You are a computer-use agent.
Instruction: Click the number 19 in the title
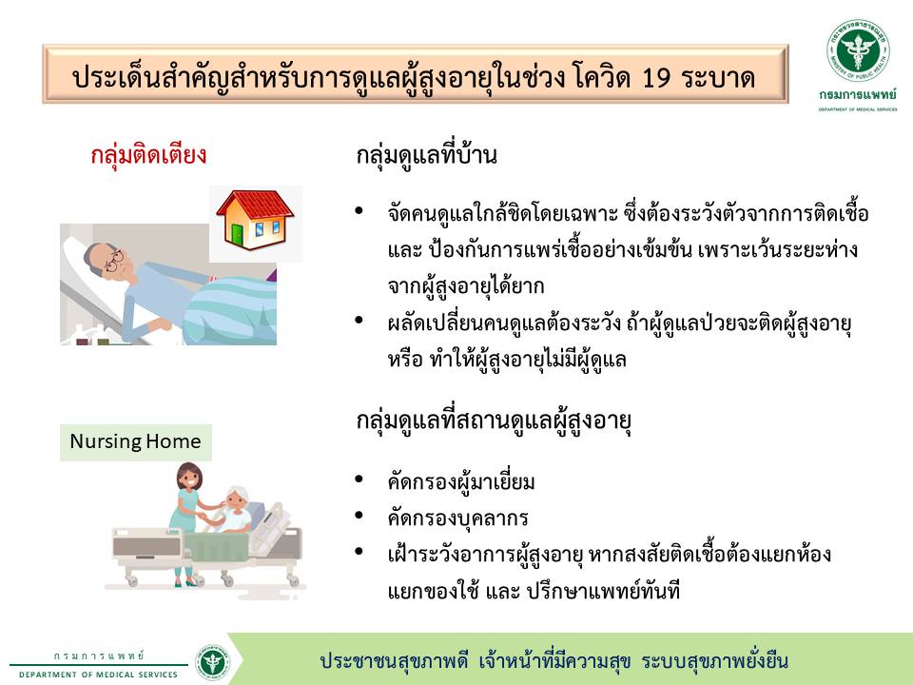click(657, 78)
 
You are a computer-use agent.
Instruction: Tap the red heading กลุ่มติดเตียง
click(148, 155)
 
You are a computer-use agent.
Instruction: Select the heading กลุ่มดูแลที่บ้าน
click(427, 155)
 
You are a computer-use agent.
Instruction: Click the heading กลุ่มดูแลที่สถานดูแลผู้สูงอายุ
click(494, 421)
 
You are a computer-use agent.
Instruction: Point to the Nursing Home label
click(136, 442)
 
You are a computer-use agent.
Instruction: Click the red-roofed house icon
click(255, 220)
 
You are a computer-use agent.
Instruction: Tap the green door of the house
click(238, 235)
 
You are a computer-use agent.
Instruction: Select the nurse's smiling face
click(190, 479)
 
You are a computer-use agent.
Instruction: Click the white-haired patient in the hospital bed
click(235, 510)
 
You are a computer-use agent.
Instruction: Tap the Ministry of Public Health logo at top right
click(858, 50)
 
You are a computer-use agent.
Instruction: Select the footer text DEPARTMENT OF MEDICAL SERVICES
click(98, 675)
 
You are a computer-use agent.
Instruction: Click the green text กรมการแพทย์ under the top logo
click(858, 94)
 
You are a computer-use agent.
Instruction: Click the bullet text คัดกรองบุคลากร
click(457, 519)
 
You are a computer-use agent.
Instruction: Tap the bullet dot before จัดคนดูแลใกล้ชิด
click(359, 210)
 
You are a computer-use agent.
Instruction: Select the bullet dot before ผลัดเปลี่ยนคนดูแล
click(359, 320)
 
